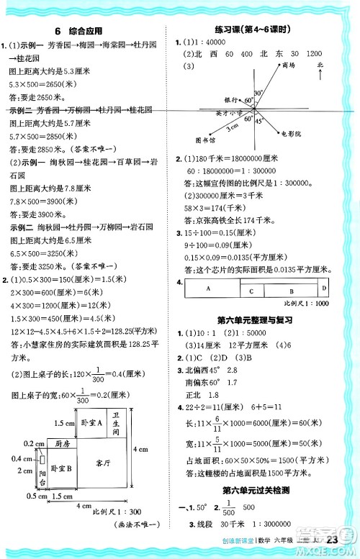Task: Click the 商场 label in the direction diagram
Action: pyautogui.click(x=289, y=65)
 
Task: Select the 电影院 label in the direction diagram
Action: pyautogui.click(x=291, y=134)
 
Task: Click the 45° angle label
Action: pyautogui.click(x=257, y=120)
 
